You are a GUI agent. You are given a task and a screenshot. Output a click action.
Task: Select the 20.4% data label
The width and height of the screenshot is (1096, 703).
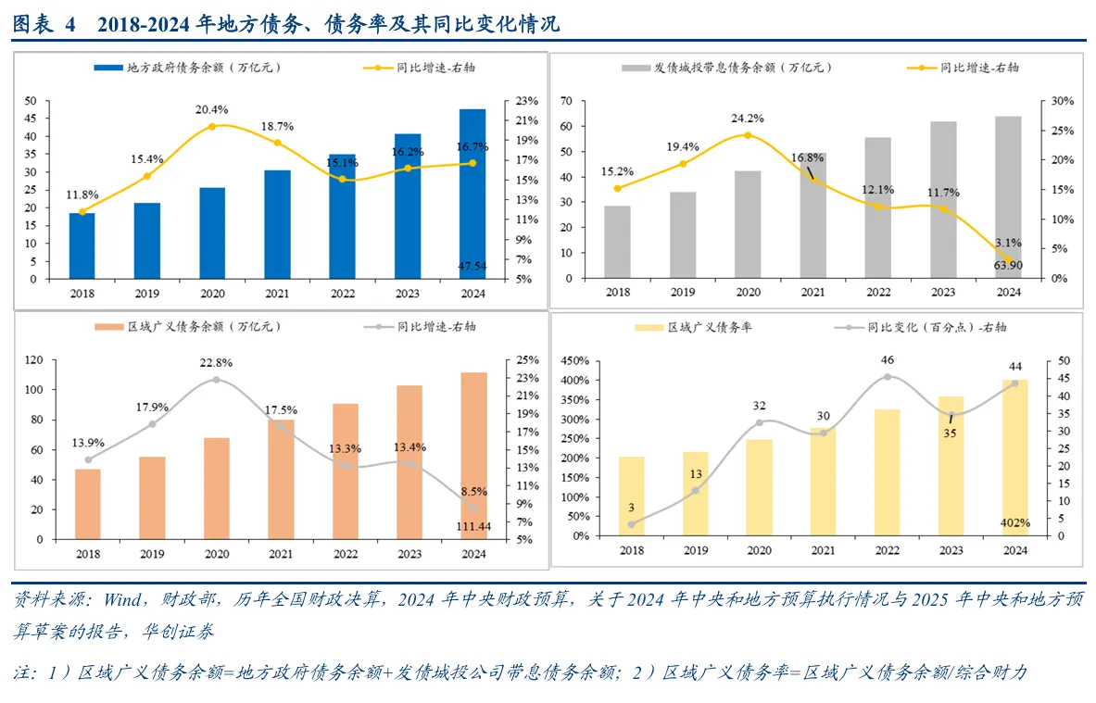212,109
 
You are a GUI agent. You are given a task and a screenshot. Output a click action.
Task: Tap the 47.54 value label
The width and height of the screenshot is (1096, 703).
472,266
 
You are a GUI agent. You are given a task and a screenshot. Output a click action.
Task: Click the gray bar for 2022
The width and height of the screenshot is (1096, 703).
878,207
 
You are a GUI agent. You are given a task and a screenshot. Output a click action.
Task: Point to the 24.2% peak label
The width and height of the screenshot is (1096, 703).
748,118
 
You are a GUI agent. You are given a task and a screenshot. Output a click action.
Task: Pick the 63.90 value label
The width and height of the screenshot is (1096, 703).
1008,266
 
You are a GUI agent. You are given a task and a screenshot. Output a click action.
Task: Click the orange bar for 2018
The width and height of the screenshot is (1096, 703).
88,504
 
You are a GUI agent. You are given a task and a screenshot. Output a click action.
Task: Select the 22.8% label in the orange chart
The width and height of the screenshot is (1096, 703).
217,362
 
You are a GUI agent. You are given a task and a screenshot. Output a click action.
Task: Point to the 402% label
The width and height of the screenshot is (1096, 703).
1015,523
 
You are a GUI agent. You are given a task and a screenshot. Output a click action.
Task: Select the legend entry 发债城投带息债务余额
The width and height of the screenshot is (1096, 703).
732,68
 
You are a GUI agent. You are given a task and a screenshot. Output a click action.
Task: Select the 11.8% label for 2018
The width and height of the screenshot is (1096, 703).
82,195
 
